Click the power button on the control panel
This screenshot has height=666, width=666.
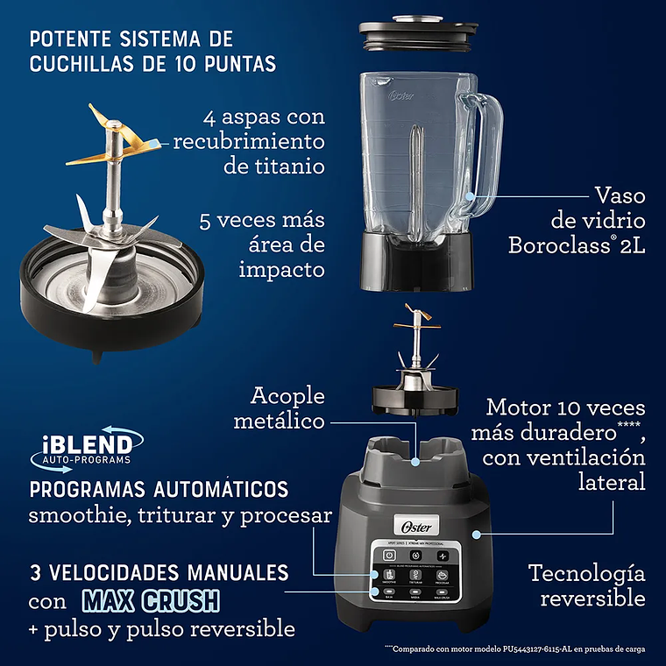(x=388, y=555)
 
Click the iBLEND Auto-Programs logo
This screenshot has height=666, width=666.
(x=82, y=446)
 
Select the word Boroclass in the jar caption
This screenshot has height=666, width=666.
(x=557, y=245)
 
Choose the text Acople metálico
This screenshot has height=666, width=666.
(x=279, y=408)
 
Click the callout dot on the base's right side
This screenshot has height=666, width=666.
(x=476, y=533)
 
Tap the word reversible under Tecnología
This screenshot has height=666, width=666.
(x=592, y=600)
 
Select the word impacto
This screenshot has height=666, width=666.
(x=281, y=270)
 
